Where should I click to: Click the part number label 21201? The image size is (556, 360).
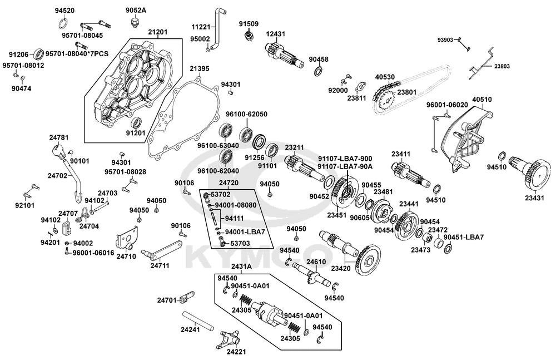tap(157, 33)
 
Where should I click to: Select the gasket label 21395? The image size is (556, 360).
tap(199, 68)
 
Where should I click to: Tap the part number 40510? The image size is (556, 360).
tap(481, 100)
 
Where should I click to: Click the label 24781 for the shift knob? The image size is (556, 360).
tap(59, 137)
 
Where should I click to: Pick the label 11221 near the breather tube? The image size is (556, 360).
tap(201, 27)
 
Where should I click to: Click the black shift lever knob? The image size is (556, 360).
tap(58, 151)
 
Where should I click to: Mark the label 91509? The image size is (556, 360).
tap(249, 24)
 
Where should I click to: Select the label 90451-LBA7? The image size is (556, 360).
tap(464, 237)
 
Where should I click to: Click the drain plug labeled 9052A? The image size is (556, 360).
tap(133, 23)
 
